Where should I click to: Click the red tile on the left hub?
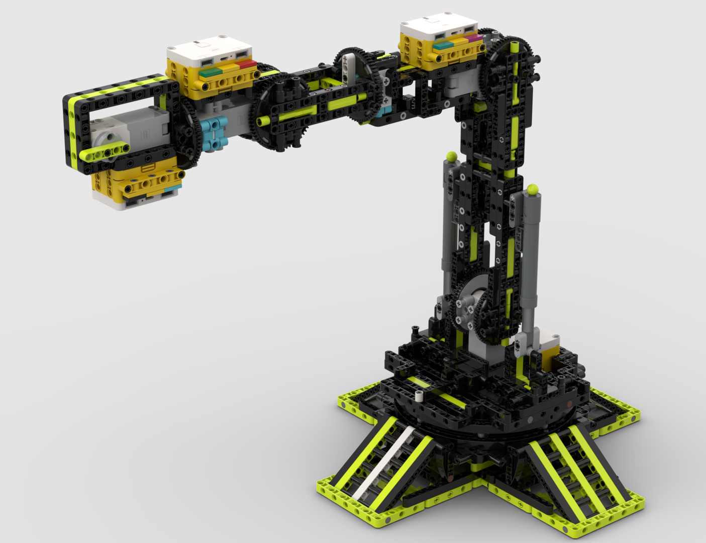tap(248, 64)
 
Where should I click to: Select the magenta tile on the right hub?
tap(473, 38)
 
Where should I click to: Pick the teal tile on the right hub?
tap(443, 45)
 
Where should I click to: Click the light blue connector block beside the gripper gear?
tap(214, 134)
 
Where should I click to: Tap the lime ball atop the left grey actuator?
tap(451, 156)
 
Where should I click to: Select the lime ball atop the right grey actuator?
tap(533, 190)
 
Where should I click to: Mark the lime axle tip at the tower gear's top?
tap(515, 47)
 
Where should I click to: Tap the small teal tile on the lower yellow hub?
tap(172, 188)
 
